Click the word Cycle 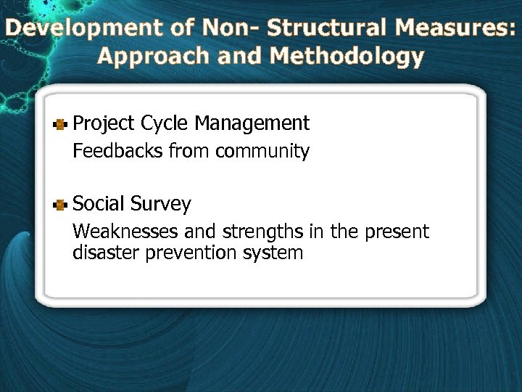[165, 124]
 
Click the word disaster [104, 253]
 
